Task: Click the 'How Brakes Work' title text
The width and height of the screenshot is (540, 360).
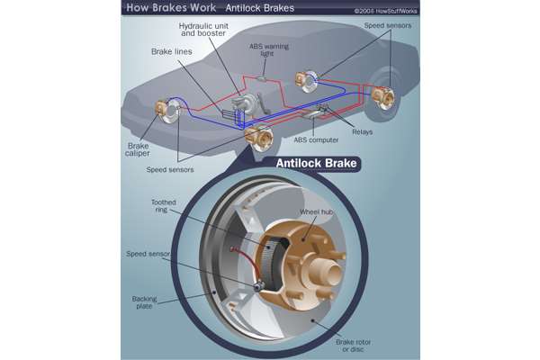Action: pyautogui.click(x=170, y=8)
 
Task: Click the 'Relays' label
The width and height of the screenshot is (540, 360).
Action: pyautogui.click(x=363, y=131)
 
